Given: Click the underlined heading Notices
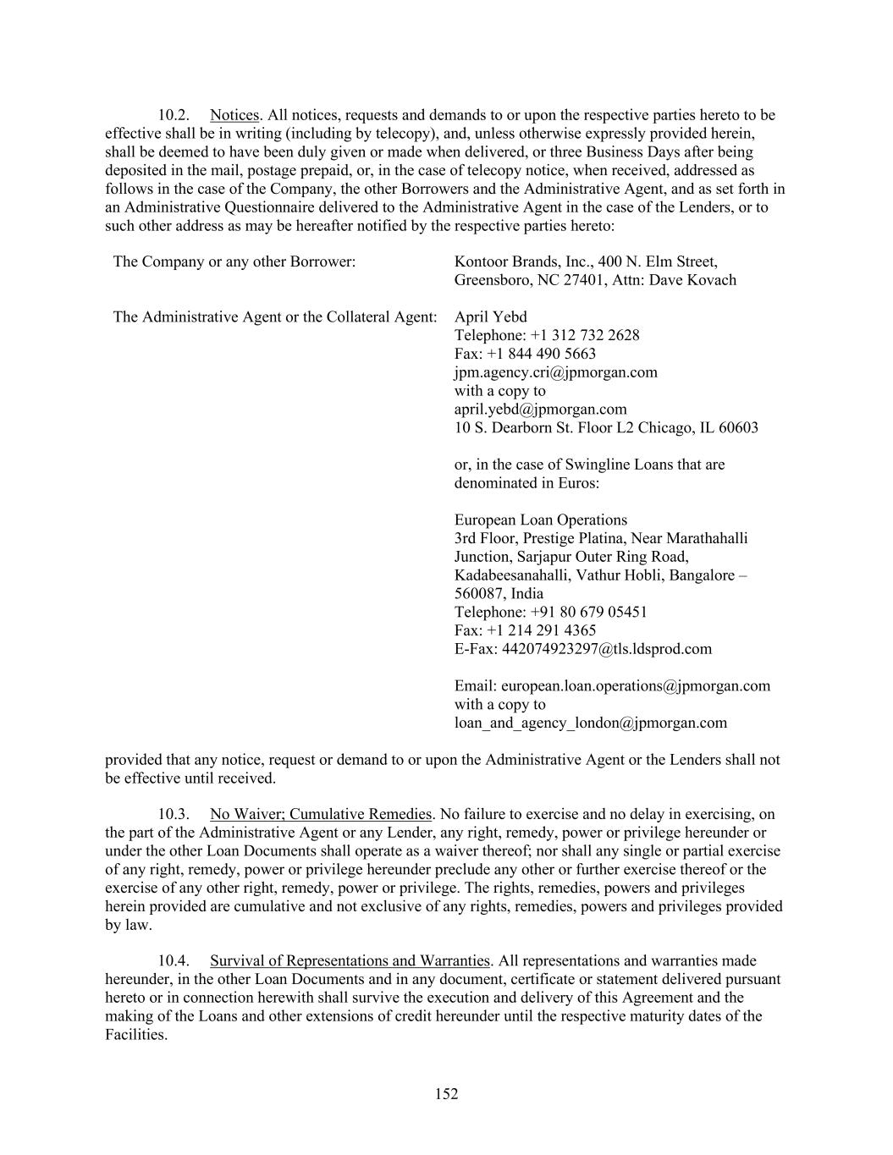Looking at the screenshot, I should pyautogui.click(x=234, y=115).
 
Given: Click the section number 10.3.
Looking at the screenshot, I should pyautogui.click(x=174, y=814).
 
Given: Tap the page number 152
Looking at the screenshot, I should pyautogui.click(x=447, y=1094).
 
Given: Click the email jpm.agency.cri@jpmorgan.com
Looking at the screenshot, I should pyautogui.click(x=555, y=372).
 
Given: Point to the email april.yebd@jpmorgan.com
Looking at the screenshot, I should pyautogui.click(x=540, y=410).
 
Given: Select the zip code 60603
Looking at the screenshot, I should pyautogui.click(x=738, y=428).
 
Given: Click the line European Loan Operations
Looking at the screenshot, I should pyautogui.click(x=540, y=520).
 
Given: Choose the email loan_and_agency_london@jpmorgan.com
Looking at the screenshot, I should pyautogui.click(x=590, y=723).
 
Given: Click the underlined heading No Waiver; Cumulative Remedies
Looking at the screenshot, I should pyautogui.click(x=321, y=814).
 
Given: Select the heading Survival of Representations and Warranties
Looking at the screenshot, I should pyautogui.click(x=350, y=960).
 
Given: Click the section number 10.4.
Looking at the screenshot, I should pyautogui.click(x=174, y=960).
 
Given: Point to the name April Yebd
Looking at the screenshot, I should pyautogui.click(x=490, y=317).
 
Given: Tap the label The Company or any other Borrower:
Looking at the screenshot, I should pyautogui.click(x=234, y=261).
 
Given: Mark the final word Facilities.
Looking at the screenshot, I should pyautogui.click(x=135, y=1035).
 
